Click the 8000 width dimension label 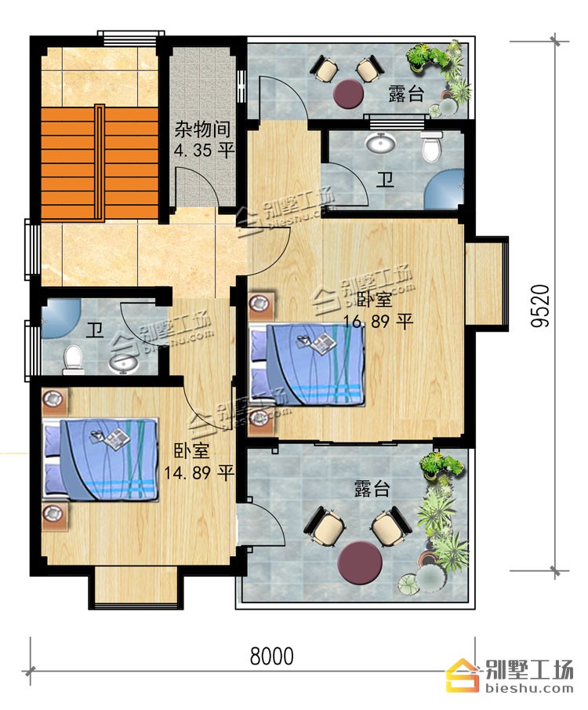[x=271, y=656]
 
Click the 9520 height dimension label [x=539, y=306]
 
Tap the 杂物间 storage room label [x=202, y=129]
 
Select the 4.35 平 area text [x=204, y=150]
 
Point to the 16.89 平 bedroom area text [x=379, y=322]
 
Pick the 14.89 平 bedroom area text [x=198, y=473]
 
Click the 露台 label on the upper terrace [x=406, y=93]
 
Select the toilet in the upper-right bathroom [x=430, y=146]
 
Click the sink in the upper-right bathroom [x=381, y=143]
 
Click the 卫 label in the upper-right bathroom [x=386, y=180]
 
